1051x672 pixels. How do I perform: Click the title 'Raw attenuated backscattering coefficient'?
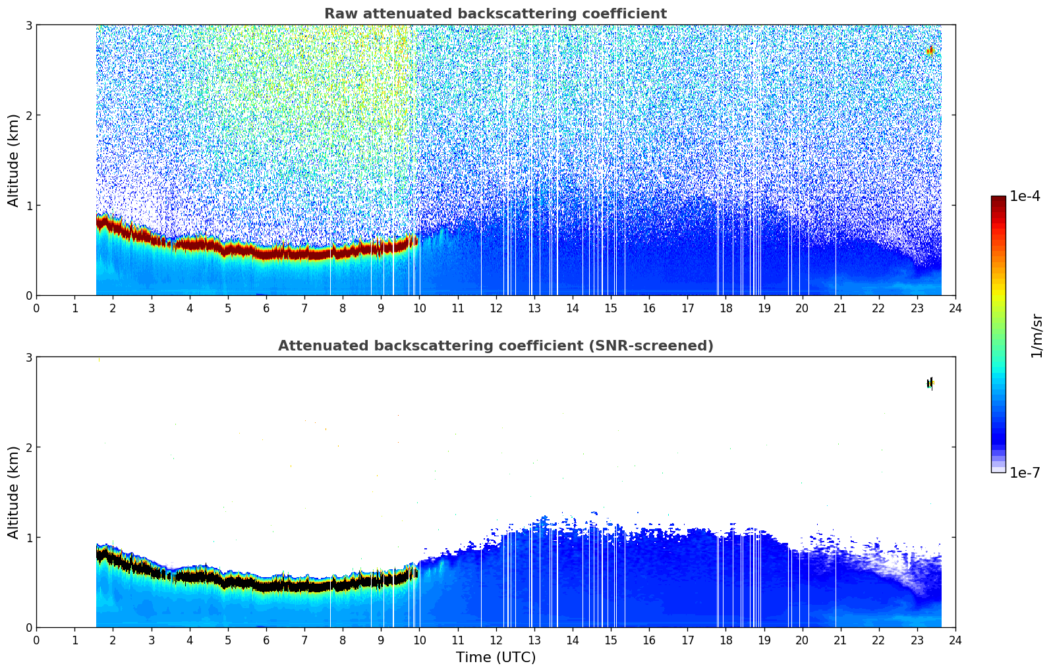click(495, 14)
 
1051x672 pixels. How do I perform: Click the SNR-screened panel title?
click(495, 346)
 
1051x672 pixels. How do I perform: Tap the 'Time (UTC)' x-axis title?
click(496, 658)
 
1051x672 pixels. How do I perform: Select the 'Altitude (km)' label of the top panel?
click(14, 160)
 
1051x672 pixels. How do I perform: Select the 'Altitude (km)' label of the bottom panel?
click(14, 492)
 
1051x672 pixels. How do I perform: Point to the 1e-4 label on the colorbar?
click(1025, 196)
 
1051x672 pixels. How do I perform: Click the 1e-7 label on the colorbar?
click(1025, 472)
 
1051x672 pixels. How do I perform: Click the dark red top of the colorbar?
click(998, 200)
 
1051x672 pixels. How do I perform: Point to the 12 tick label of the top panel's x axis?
click(496, 308)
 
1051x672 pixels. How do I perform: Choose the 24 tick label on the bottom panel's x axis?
click(955, 640)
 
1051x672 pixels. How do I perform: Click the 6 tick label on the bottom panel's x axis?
click(266, 640)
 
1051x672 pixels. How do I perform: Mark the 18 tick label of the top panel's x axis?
click(725, 308)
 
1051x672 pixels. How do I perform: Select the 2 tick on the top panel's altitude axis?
click(28, 115)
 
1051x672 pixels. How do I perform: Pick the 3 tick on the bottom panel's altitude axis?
click(28, 357)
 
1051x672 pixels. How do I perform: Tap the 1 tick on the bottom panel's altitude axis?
click(28, 538)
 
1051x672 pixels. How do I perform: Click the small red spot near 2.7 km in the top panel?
click(930, 51)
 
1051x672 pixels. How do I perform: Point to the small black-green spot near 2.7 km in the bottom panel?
click(930, 383)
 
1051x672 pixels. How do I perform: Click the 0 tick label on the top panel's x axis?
click(36, 308)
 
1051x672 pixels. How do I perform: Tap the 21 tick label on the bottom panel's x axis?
click(840, 640)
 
